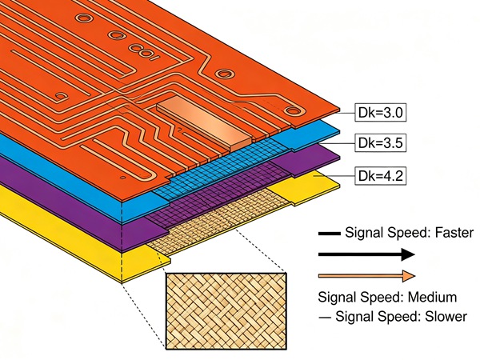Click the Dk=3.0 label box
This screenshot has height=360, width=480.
(381, 113)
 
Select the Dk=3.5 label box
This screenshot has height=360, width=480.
(381, 142)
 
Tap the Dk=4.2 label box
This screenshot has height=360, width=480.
(381, 176)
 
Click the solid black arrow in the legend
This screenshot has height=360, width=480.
(366, 254)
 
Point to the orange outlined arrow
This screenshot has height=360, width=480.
(366, 276)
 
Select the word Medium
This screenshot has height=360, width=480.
(432, 298)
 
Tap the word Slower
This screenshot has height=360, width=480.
(446, 316)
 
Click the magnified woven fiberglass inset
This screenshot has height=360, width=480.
(226, 311)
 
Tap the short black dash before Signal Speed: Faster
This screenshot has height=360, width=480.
(330, 234)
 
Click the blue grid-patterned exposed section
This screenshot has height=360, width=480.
(221, 168)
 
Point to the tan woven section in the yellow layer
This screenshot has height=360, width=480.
(219, 221)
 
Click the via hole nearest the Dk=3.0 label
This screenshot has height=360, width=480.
(293, 110)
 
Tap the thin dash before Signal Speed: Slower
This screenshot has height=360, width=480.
(325, 318)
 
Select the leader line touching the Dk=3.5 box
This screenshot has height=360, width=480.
(336, 143)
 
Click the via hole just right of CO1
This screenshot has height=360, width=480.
(225, 74)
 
